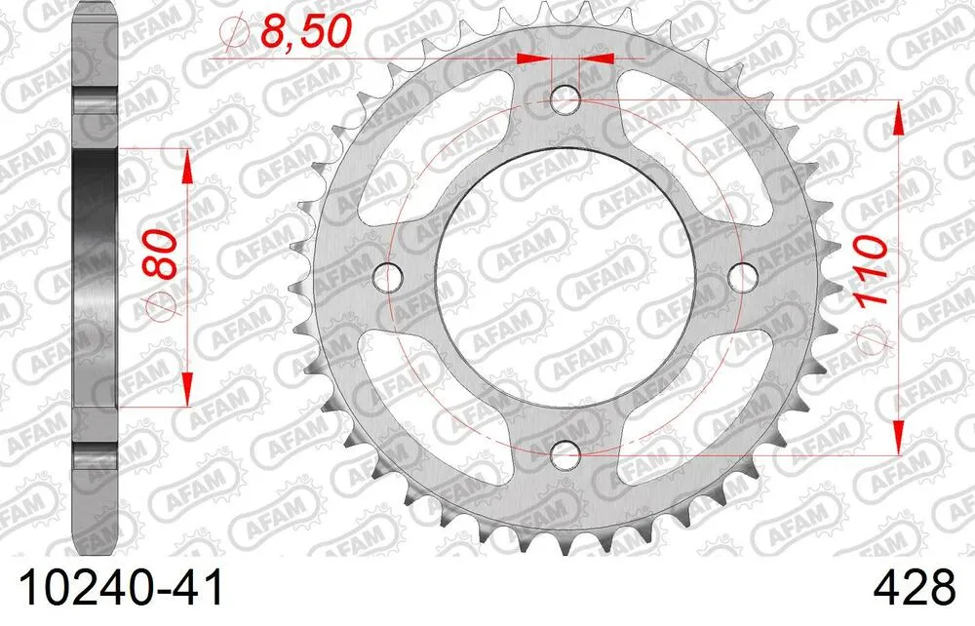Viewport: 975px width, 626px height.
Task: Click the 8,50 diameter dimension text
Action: (302, 32)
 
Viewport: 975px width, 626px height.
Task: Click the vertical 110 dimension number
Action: (872, 272)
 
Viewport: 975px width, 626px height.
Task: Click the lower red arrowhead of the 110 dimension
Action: (896, 439)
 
